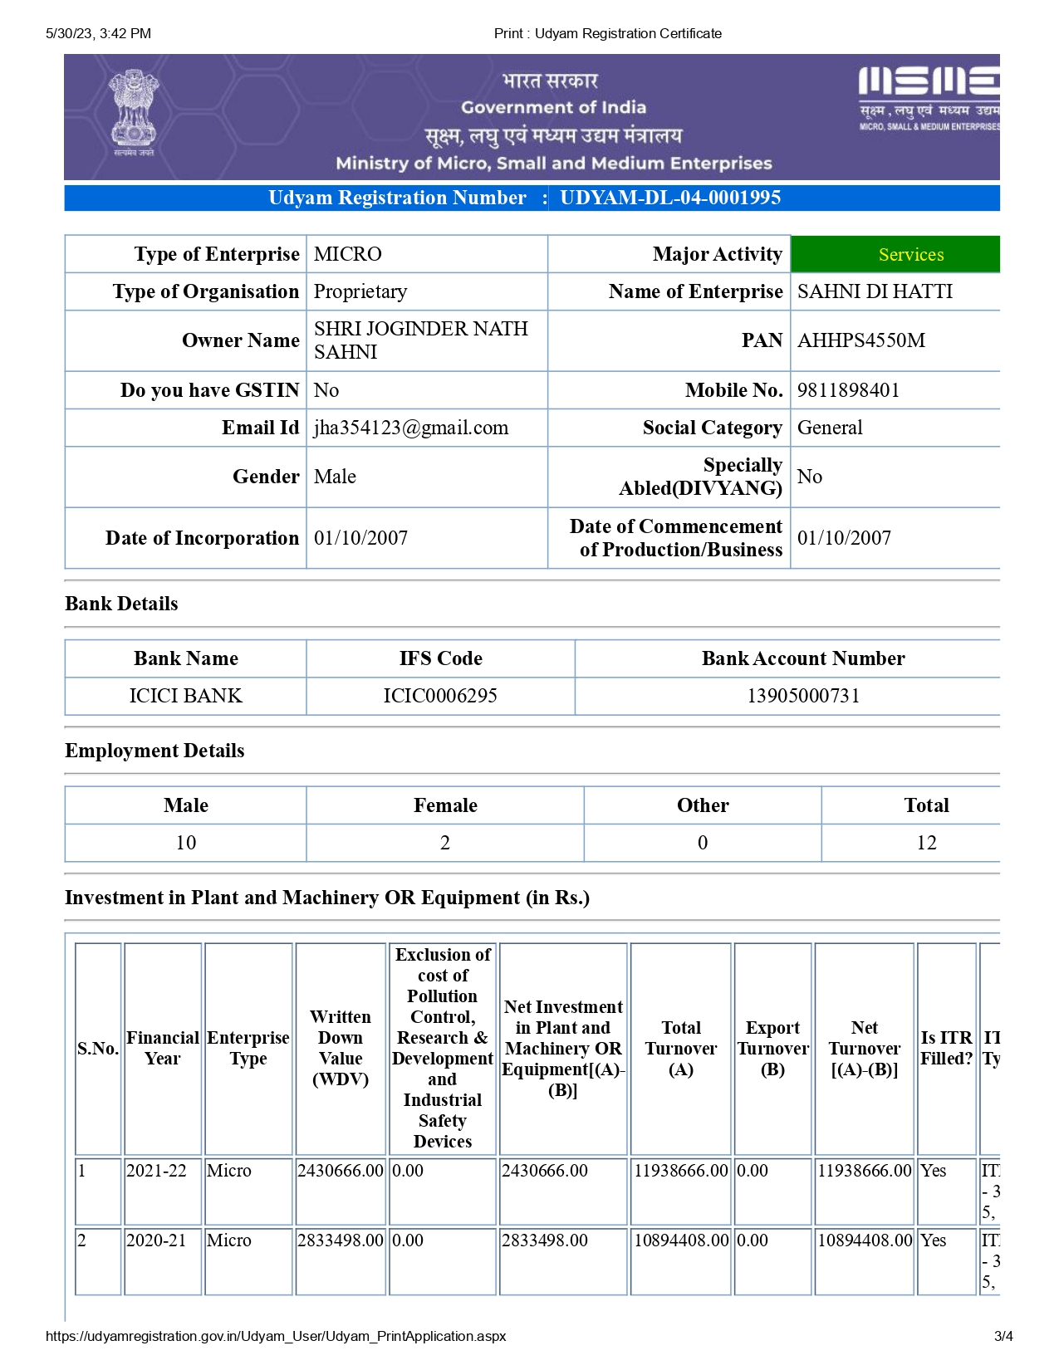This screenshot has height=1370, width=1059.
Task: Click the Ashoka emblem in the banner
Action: point(134,111)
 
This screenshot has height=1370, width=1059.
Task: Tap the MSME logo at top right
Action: point(929,98)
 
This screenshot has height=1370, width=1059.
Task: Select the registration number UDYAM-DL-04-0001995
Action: point(670,198)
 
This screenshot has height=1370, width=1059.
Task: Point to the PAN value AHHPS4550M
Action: point(860,340)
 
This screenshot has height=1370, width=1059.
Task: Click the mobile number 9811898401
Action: point(848,390)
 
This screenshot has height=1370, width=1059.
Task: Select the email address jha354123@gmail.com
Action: point(411,428)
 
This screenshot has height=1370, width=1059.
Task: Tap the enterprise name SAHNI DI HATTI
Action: point(875,291)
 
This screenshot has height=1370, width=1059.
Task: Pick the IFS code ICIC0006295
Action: point(440,696)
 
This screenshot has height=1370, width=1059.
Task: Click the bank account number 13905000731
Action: point(803,696)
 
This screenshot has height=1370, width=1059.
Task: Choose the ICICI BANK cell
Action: point(186,696)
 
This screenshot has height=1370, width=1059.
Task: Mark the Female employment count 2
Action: point(445,843)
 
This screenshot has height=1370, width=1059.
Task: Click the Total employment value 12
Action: point(926,843)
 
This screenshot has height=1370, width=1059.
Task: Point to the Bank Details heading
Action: point(121,604)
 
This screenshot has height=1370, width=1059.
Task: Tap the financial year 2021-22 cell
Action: point(156,1171)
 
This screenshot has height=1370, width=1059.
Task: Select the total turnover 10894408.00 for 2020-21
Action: point(681,1240)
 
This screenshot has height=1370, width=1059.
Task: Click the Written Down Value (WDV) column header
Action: point(341,1048)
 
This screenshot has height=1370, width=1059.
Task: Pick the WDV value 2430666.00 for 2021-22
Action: point(341,1171)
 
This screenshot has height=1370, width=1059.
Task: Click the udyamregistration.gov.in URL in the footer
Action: point(276,1336)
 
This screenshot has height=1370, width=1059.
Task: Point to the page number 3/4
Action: point(1003,1336)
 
